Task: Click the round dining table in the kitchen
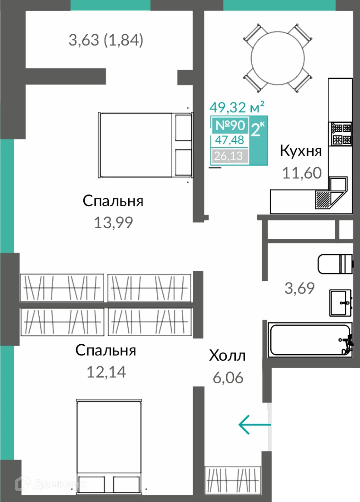click(278, 58)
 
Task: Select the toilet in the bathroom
click(335, 264)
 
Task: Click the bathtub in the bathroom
click(310, 340)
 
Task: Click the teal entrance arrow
click(254, 425)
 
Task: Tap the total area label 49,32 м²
click(237, 107)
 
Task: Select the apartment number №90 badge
click(230, 125)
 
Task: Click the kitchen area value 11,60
click(302, 173)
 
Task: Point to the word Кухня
click(300, 151)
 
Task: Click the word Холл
click(227, 356)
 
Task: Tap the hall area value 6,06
click(228, 378)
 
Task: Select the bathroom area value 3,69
click(299, 288)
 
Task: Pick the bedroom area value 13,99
click(113, 223)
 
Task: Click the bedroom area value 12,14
click(106, 372)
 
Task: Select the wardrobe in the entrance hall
click(233, 480)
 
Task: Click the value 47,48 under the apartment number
click(229, 140)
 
